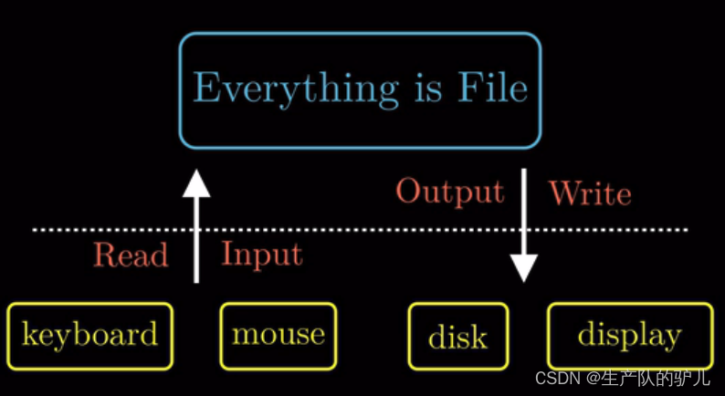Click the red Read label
[131, 255]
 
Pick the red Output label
[449, 192]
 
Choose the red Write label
[590, 193]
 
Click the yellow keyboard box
[89, 336]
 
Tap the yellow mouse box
[278, 335]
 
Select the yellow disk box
[457, 337]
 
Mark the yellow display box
[629, 336]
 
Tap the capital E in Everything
[207, 89]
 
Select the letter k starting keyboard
[28, 335]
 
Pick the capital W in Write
[562, 193]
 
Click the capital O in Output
[408, 192]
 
